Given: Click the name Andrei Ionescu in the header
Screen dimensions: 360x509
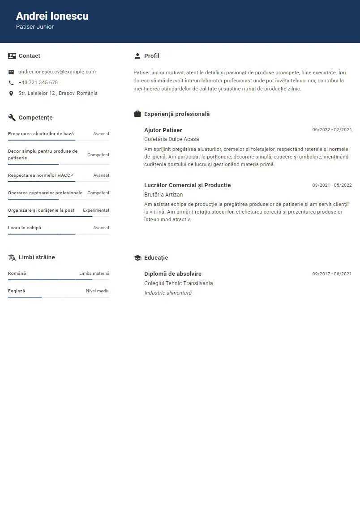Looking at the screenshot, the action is click(x=52, y=16).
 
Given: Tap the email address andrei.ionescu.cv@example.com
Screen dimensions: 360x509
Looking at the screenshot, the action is click(x=57, y=72).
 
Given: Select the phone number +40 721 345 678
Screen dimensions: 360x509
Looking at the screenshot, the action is click(x=38, y=82).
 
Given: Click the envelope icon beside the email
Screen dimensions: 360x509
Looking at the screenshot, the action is click(x=11, y=72).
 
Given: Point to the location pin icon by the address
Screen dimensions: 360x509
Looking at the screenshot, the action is click(x=11, y=94).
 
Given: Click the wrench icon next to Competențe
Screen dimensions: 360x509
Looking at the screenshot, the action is click(x=12, y=118).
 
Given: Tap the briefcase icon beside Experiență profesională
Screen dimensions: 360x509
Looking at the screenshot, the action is click(x=137, y=114).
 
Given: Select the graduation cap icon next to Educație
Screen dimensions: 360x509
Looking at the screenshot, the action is click(x=137, y=258).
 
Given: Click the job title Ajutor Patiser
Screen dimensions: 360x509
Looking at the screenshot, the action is click(x=163, y=130).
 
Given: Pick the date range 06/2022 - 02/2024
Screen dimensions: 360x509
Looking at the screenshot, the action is click(x=332, y=130).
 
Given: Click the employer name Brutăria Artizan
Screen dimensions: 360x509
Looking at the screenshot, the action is click(x=163, y=195).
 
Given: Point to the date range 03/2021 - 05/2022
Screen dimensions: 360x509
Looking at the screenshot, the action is click(x=332, y=185).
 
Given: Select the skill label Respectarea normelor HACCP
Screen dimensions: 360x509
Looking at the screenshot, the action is click(x=41, y=175).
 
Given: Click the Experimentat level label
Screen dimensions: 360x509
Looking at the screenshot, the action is click(x=96, y=210).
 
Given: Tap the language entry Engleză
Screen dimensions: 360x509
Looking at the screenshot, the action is click(x=17, y=291).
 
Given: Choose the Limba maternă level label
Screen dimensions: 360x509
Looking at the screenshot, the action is click(x=94, y=274).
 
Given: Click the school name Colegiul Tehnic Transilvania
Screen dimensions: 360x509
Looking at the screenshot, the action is click(x=178, y=283).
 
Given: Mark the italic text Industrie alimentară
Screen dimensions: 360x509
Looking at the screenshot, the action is click(x=167, y=293).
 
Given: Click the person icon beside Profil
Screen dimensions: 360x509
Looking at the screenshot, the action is click(x=137, y=56).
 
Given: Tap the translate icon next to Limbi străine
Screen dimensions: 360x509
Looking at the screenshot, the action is click(x=12, y=257).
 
